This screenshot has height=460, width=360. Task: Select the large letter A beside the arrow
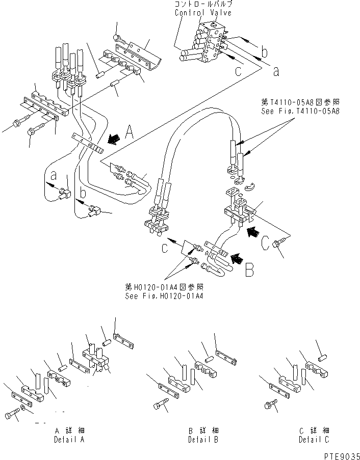130,134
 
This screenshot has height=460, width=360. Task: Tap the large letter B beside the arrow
249,268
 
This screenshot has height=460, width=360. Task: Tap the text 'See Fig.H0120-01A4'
164,295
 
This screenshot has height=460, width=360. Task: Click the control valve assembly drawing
204,43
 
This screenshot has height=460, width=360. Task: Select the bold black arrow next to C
252,232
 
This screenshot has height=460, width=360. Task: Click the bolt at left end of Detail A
11,415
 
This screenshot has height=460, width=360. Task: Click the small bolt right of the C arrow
278,243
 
